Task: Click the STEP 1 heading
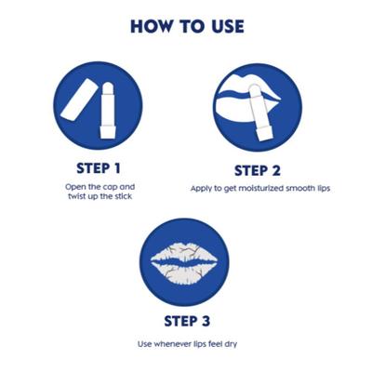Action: [x=99, y=168]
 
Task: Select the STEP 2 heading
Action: [x=258, y=171]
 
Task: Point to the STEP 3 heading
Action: [x=187, y=321]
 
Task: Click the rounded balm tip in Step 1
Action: [x=108, y=87]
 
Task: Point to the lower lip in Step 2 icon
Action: [x=235, y=110]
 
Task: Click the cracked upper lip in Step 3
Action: [x=184, y=254]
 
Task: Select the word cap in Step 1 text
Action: [x=110, y=188]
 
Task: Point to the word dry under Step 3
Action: [x=231, y=344]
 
